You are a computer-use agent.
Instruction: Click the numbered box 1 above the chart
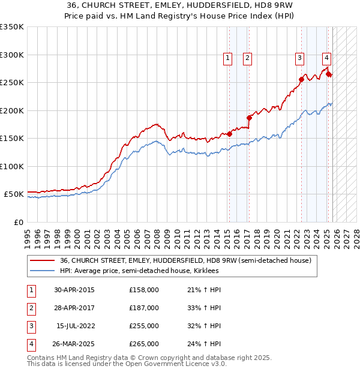coord(228,58)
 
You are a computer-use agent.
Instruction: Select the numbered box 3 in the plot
coord(299,58)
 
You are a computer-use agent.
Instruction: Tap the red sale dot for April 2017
coord(249,118)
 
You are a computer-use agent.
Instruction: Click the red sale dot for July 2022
coord(301,79)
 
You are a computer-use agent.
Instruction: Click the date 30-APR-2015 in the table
coord(74,290)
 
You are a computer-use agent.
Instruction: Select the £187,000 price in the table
coord(144,308)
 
